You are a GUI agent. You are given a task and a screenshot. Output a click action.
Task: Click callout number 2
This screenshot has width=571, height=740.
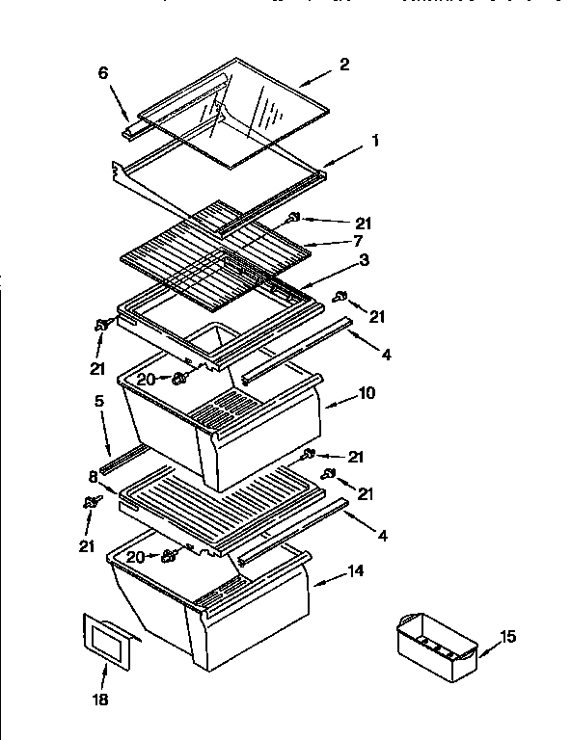(x=343, y=65)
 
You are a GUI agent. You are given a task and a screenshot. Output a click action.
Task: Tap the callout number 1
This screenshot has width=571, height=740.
(x=375, y=141)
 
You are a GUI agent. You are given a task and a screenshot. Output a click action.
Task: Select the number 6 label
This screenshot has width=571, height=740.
(x=104, y=73)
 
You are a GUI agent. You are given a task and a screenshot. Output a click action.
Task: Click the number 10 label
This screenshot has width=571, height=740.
(x=367, y=393)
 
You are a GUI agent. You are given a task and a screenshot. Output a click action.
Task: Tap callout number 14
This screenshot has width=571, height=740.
(x=355, y=570)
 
